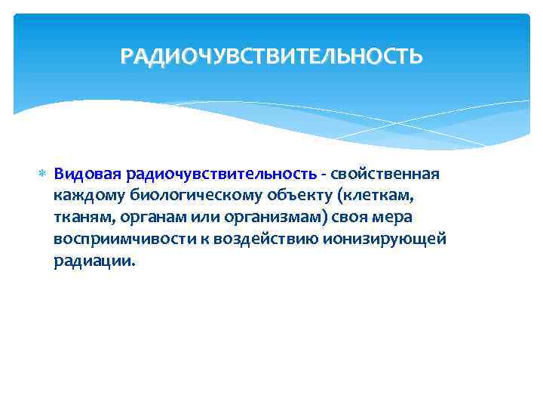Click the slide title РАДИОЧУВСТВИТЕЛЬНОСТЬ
tap(271, 56)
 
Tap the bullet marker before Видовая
tap(42, 175)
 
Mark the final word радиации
tap(96, 261)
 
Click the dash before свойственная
tap(323, 175)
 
